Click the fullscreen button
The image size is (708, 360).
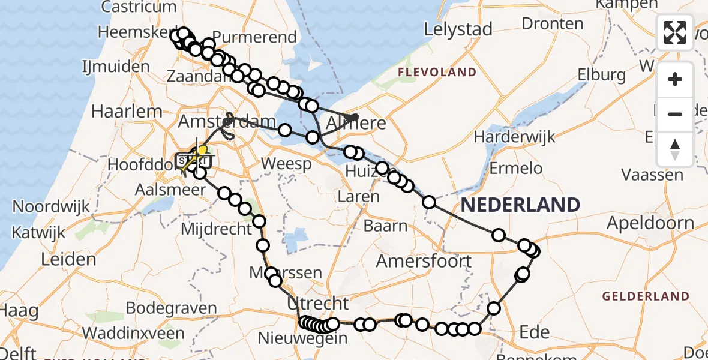[x=675, y=32]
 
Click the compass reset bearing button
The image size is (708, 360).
[x=675, y=148]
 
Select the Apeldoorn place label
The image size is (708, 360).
[x=650, y=223]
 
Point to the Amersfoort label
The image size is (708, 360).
[x=424, y=262]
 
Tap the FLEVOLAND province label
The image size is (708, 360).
[x=437, y=73]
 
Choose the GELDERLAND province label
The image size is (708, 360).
[x=646, y=296]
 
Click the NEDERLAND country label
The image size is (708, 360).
[x=520, y=205]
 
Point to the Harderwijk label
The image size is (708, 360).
[x=512, y=136]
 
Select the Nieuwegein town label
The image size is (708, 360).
[x=302, y=338]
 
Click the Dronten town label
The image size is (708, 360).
[x=553, y=24]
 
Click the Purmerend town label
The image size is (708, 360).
[x=255, y=37]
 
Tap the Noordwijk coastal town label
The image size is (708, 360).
[x=51, y=207]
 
